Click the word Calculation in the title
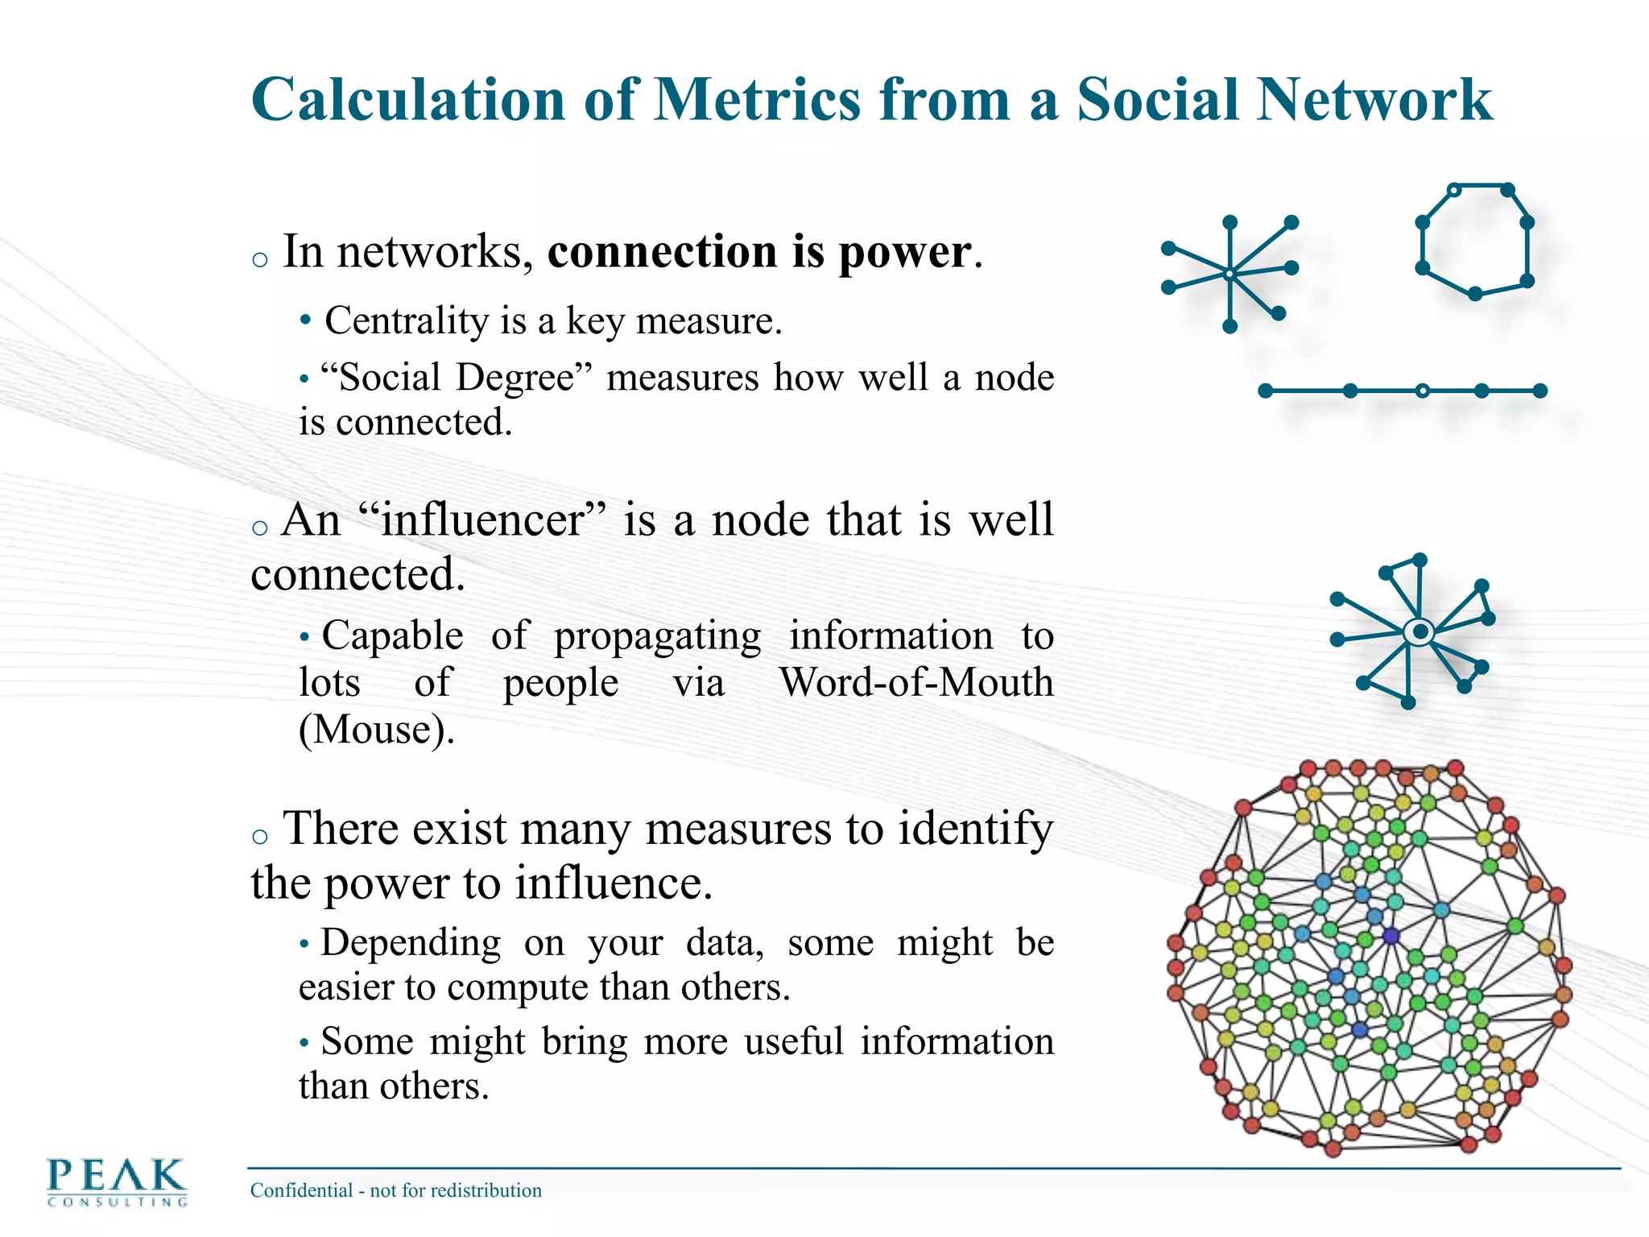point(408,100)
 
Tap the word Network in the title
point(1374,100)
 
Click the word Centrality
point(407,321)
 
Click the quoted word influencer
point(481,519)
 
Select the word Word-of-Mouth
point(916,682)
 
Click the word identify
point(975,828)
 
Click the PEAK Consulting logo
point(117,1181)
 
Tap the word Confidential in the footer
point(302,1190)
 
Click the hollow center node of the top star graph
point(1230,275)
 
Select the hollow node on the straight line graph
point(1423,391)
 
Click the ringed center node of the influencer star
point(1420,632)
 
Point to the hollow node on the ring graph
point(1454,191)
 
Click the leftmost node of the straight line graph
point(1265,391)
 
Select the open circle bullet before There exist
point(259,836)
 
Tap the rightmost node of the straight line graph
point(1540,391)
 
